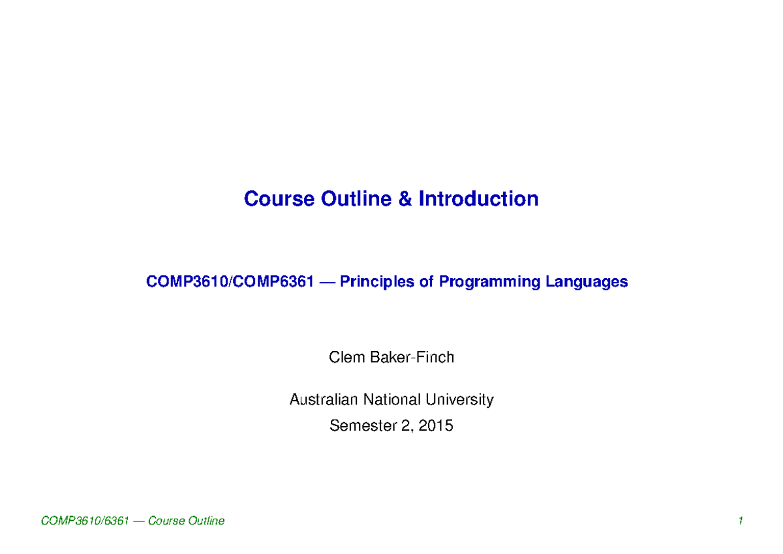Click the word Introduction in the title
click(478, 198)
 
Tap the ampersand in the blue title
click(405, 198)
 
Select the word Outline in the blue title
click(357, 198)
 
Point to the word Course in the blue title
click(279, 198)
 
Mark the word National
click(392, 399)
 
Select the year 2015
click(436, 426)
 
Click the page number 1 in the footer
click(741, 521)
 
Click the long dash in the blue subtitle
click(325, 282)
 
